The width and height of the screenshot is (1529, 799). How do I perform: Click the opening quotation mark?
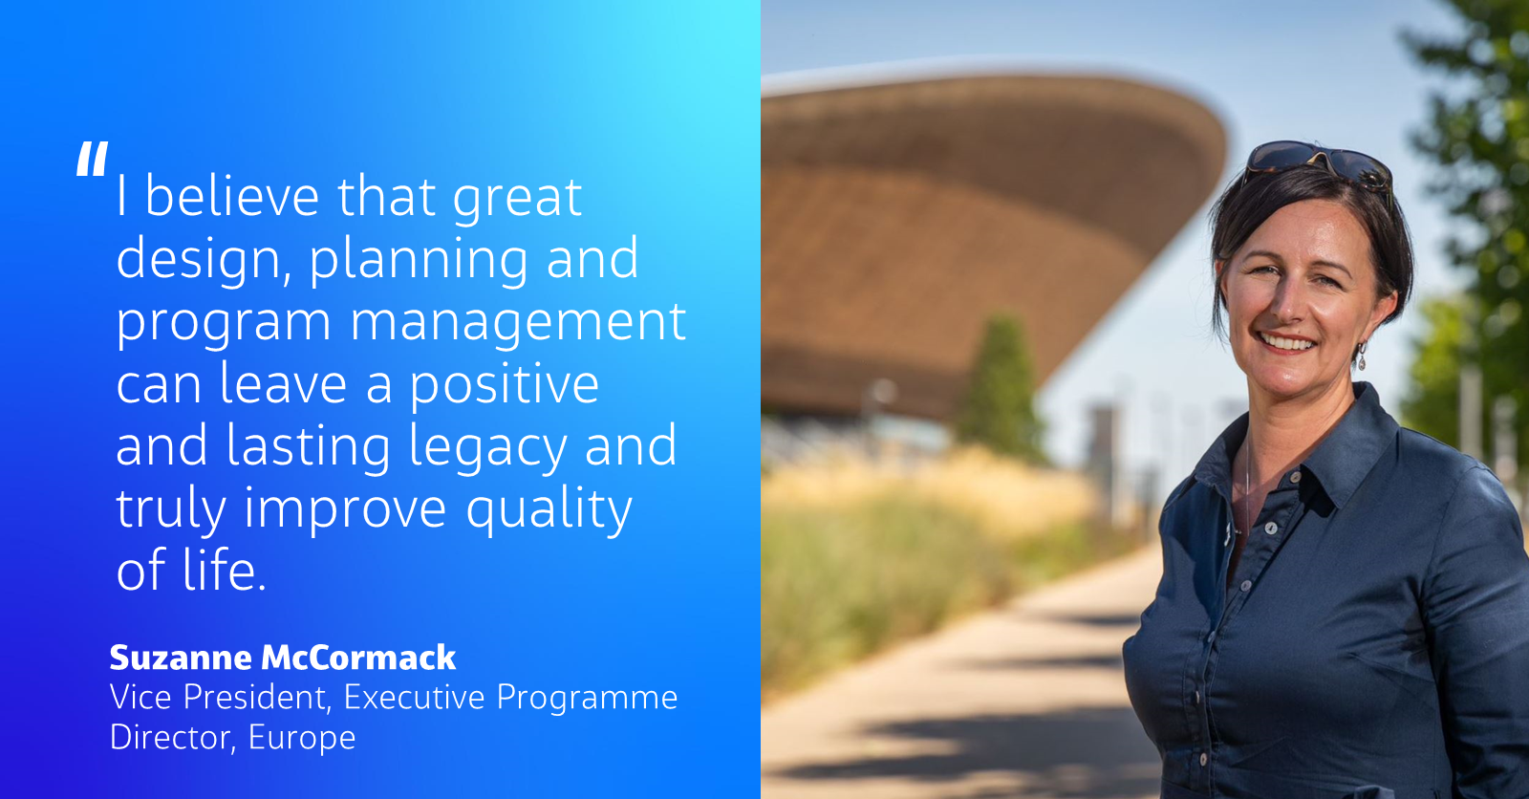92,160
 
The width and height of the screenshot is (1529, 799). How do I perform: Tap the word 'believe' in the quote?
232,198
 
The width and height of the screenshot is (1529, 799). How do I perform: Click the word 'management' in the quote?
518,323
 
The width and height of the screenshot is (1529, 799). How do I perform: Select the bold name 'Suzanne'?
181,658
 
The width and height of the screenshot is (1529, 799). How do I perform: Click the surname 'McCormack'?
358,658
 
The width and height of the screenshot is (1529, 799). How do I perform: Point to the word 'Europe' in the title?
302,738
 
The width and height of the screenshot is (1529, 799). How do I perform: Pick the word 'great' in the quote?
517,198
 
